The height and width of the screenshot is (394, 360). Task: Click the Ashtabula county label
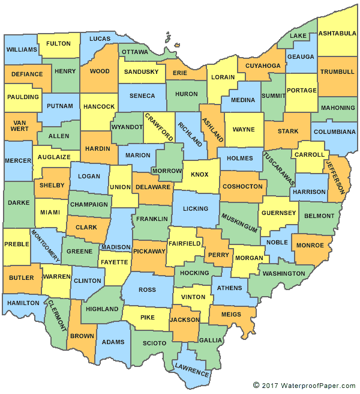pyautogui.click(x=337, y=32)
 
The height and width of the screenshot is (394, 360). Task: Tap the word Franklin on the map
pyautogui.click(x=152, y=219)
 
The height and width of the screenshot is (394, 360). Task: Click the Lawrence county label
pyautogui.click(x=192, y=369)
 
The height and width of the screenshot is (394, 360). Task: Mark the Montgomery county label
pyautogui.click(x=45, y=245)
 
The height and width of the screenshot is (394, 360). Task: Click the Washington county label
pyautogui.click(x=284, y=273)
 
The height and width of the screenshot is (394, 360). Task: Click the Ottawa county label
pyautogui.click(x=135, y=52)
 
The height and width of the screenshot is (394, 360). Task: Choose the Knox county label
pyautogui.click(x=199, y=174)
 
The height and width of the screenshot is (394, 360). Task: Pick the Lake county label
pyautogui.click(x=298, y=36)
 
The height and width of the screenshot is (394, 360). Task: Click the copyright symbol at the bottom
pyautogui.click(x=256, y=385)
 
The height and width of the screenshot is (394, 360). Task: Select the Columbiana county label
pyautogui.click(x=334, y=132)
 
